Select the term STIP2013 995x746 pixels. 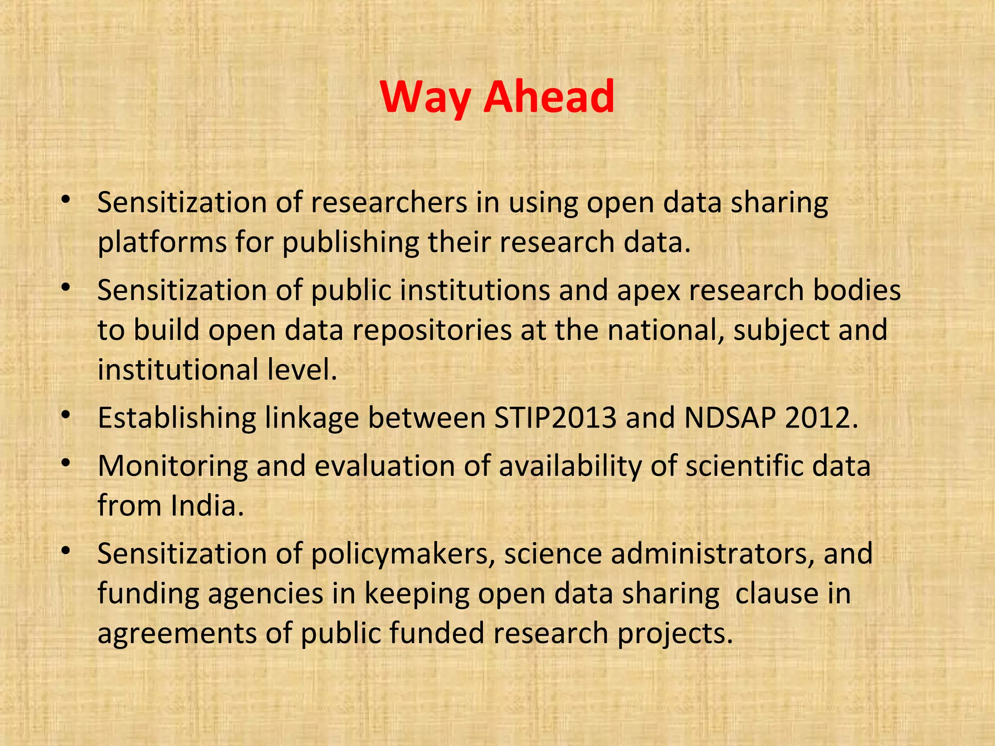555,418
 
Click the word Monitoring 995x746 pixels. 172,466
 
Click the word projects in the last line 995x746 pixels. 674,633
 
